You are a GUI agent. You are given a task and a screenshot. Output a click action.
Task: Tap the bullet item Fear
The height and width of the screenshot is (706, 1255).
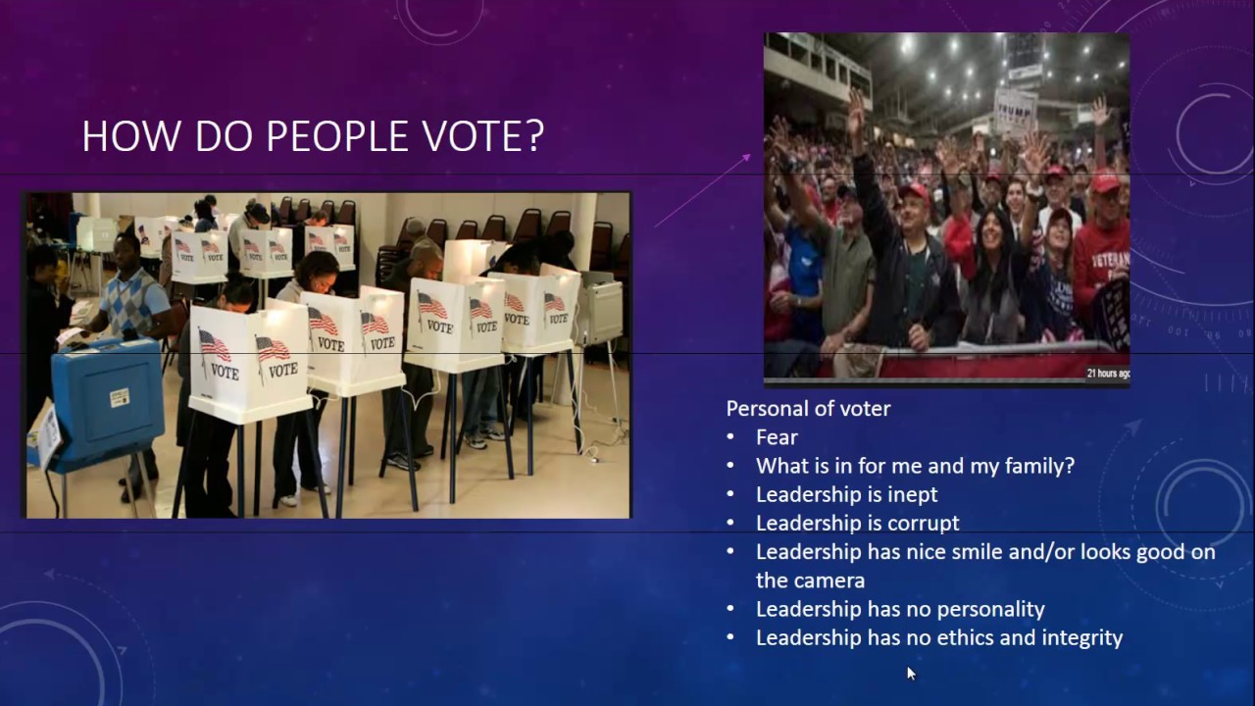pos(777,437)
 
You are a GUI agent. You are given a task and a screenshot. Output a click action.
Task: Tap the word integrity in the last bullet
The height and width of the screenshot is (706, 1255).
pos(1082,637)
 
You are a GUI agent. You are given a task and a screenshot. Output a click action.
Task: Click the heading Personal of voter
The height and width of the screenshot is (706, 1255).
pos(808,408)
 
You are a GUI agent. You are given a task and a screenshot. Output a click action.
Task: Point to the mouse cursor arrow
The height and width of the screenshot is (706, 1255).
pos(911,673)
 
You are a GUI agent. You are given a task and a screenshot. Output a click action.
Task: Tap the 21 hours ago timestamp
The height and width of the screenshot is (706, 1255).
pos(1107,373)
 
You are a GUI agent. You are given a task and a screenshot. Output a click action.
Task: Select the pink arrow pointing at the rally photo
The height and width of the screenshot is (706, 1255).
pos(702,190)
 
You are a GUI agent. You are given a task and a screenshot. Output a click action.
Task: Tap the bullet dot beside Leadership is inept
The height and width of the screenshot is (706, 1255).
pos(730,495)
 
